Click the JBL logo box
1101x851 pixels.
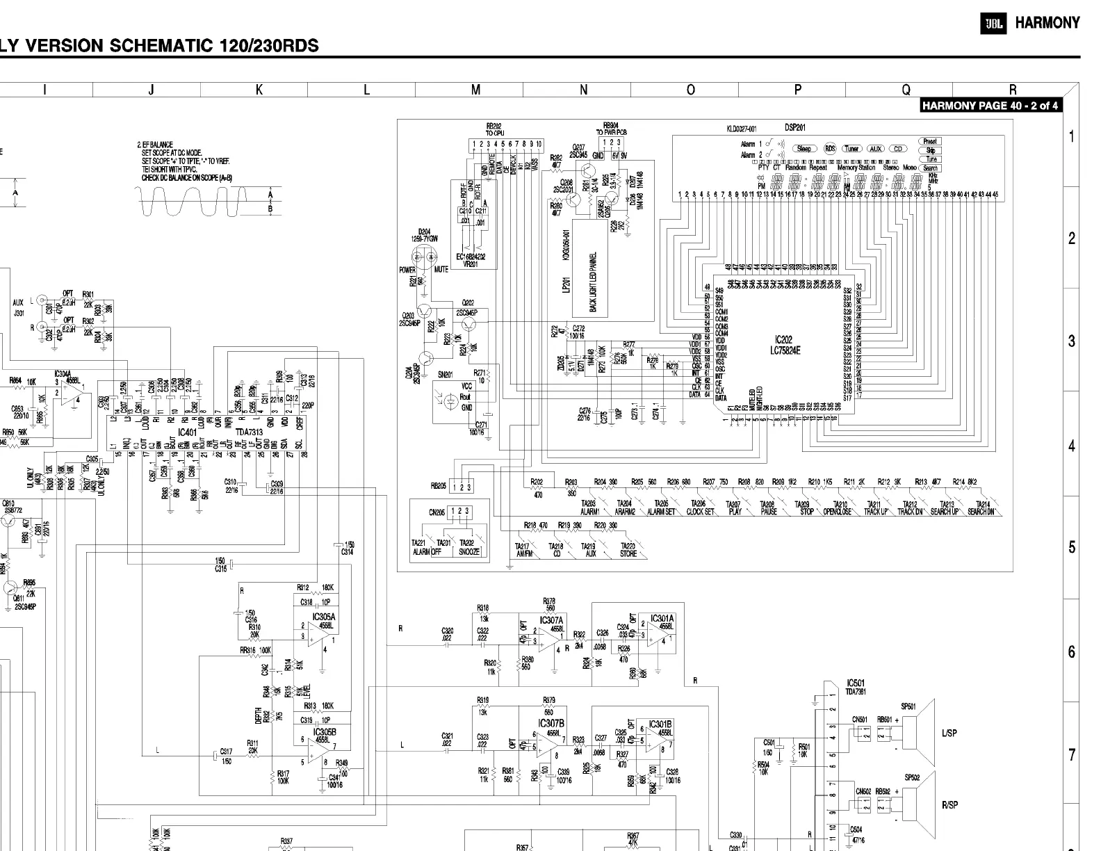click(x=993, y=24)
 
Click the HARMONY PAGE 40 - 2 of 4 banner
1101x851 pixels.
click(x=990, y=106)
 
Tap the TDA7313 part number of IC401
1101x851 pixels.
click(x=249, y=432)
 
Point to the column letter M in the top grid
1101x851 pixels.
click(x=475, y=90)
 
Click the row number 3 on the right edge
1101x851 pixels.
click(x=1071, y=341)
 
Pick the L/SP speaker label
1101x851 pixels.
click(x=949, y=734)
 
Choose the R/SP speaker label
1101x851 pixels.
click(x=949, y=805)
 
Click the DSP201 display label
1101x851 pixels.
click(x=794, y=128)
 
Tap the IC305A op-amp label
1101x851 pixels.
click(x=324, y=617)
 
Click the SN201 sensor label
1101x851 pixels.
click(x=445, y=375)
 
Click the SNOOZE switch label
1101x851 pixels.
click(x=468, y=551)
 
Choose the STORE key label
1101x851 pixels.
click(x=628, y=554)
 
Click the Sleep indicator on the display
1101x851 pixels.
click(x=804, y=148)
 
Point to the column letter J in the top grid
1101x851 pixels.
click(x=152, y=90)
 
